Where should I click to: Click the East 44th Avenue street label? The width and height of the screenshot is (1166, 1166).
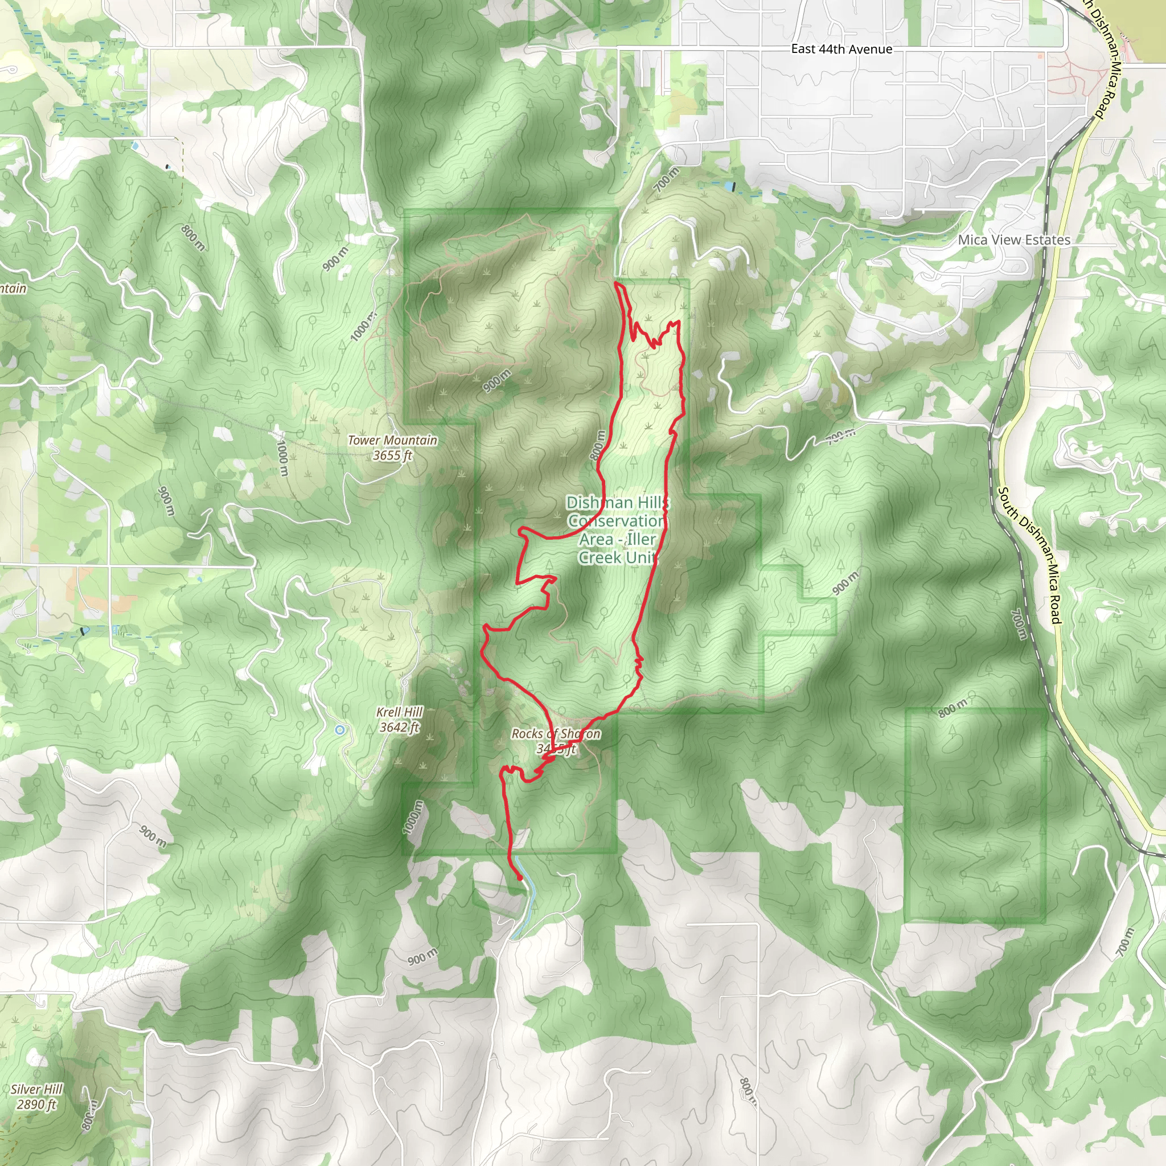(x=841, y=50)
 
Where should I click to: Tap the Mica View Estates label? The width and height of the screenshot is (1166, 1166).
(x=1014, y=240)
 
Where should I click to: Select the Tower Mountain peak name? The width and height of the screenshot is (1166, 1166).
(x=392, y=440)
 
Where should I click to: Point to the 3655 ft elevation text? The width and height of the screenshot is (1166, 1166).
(x=392, y=455)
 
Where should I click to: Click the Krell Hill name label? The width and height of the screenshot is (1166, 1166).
(x=400, y=712)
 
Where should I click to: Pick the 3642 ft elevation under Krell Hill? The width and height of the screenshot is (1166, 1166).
(x=400, y=727)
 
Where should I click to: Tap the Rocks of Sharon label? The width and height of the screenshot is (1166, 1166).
(x=556, y=734)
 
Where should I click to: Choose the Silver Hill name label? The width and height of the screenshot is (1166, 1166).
(x=36, y=1089)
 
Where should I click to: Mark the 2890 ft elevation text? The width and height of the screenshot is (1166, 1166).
(x=36, y=1105)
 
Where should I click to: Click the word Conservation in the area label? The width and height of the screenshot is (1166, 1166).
(x=616, y=521)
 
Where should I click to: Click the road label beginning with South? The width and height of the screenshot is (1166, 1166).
(x=1028, y=555)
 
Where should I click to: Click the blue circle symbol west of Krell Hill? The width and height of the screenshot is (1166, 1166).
(x=340, y=730)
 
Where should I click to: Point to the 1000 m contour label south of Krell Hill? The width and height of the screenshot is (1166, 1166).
(x=412, y=817)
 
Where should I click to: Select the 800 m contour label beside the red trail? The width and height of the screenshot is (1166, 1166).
(x=597, y=445)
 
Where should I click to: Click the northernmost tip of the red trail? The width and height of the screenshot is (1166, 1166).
(x=615, y=282)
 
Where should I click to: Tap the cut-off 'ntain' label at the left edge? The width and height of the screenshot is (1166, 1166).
(x=13, y=289)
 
